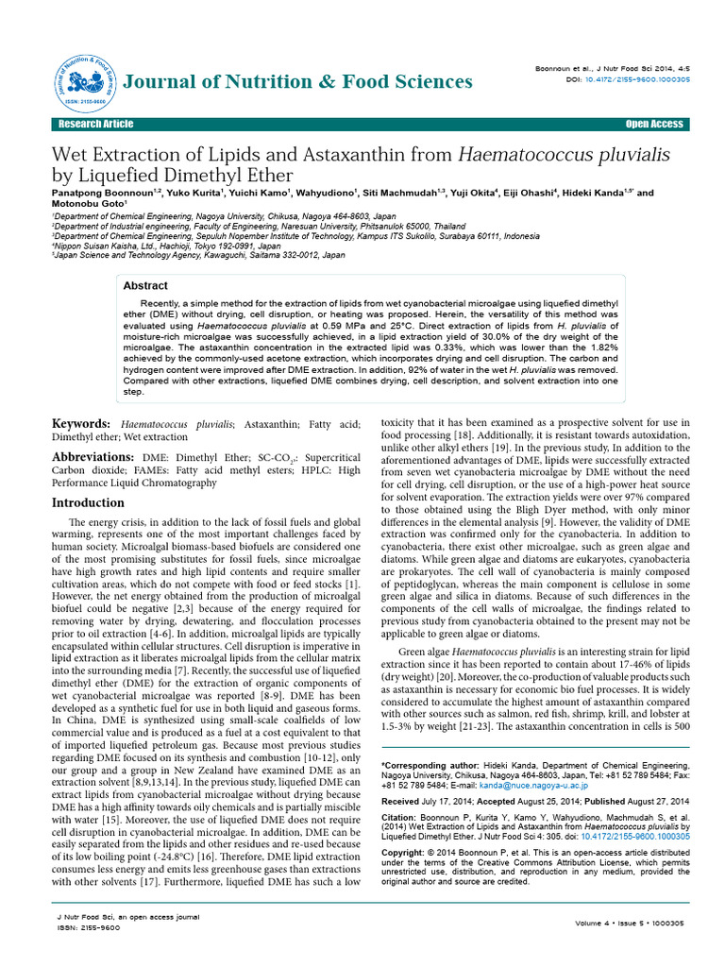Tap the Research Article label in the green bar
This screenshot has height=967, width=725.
95,125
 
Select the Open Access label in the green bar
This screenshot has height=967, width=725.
653,125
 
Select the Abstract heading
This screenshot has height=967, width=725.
146,285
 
